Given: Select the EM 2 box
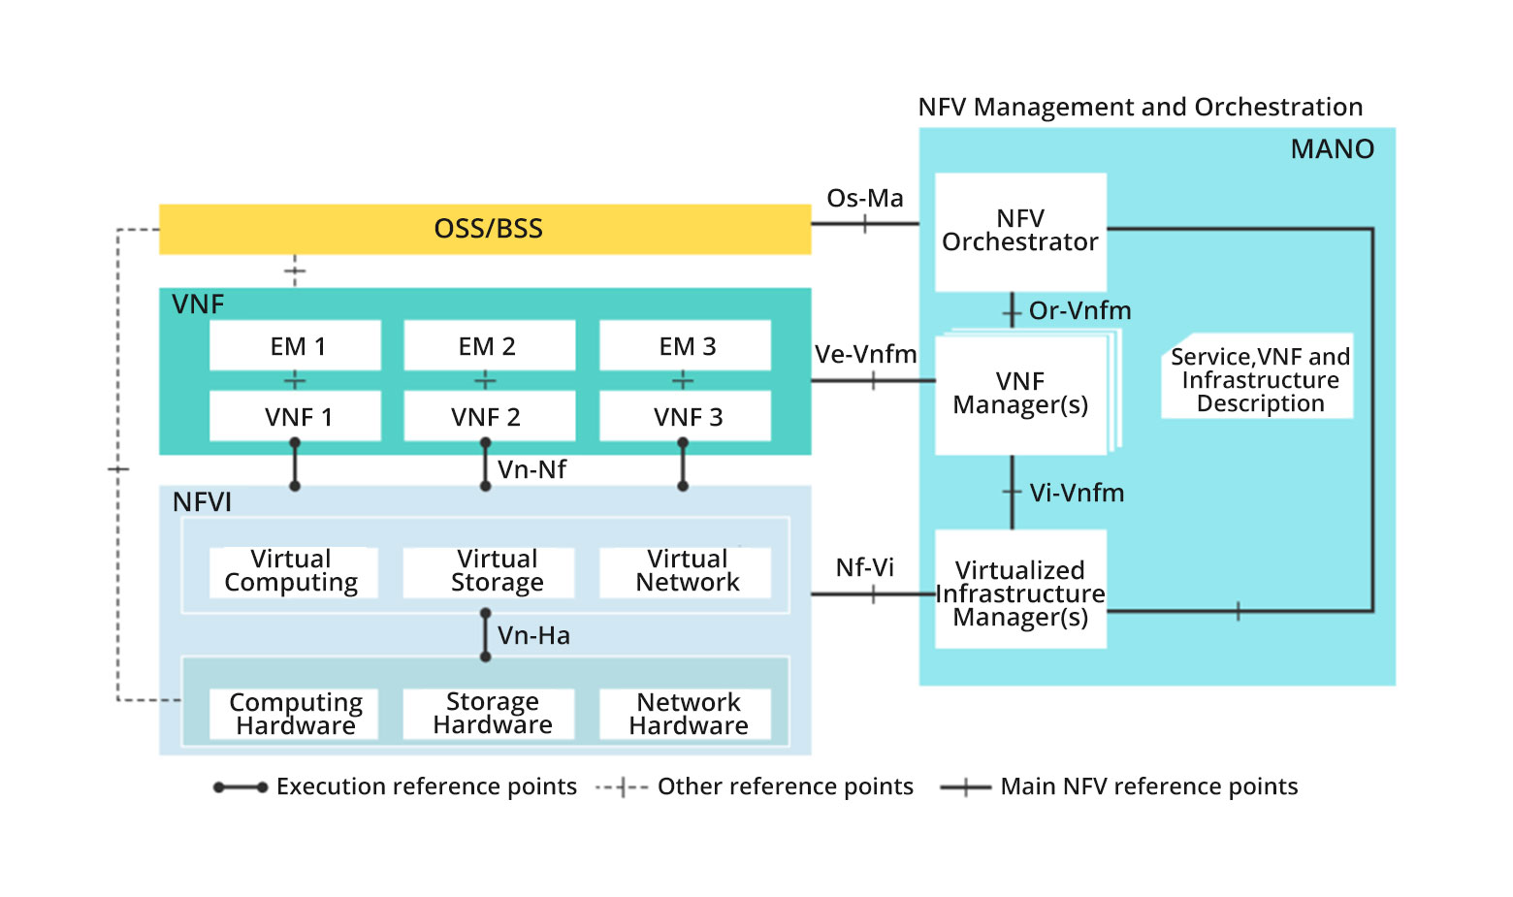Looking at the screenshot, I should pos(489,345).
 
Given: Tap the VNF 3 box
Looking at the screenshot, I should pos(685,416).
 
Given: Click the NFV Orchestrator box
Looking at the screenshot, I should pos(1020,232).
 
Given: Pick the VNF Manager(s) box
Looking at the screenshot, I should pos(1020,394).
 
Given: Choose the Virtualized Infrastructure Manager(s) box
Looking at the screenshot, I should pos(1020,590).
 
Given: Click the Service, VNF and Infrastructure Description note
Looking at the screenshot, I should pos(1258,380).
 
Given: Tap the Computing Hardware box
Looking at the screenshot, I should pos(294,714).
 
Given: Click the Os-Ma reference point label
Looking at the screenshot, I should pos(864,198).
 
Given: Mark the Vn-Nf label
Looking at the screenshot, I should pos(531,469).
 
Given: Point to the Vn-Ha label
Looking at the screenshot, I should pos(533,635).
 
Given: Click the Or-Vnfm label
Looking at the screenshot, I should pos(1079,310).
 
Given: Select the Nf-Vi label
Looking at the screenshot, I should pos(864,566).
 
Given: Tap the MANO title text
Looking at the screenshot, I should pos(1332,148).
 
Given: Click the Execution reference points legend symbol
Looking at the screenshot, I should pos(241,787).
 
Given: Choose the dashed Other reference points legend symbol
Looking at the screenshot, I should pos(622,787).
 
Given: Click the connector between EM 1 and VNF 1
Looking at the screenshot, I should pos(295,380).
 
